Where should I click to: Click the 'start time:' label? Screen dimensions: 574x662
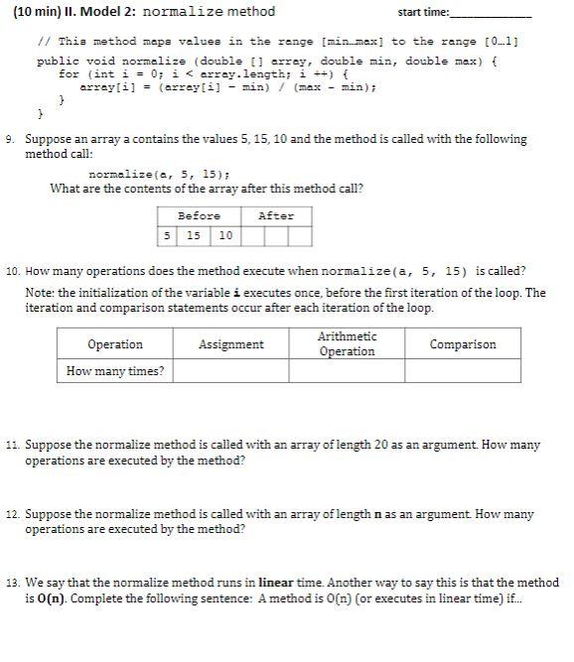coord(423,13)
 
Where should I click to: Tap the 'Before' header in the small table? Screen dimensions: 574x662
coord(199,215)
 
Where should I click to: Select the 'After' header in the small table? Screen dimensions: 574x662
coord(275,215)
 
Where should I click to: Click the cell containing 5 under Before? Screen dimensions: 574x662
coord(167,236)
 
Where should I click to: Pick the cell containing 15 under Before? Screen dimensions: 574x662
coord(194,236)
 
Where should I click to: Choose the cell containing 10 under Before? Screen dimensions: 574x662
coord(225,236)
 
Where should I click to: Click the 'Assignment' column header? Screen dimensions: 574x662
coord(231,344)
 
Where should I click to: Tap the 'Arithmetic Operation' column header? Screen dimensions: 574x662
coord(347,344)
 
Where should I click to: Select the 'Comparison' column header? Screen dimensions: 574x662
coord(462,344)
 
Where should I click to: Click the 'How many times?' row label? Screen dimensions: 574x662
coord(115,371)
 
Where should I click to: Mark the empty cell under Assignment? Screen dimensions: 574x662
coord(231,371)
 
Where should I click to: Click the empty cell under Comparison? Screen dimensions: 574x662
coord(462,371)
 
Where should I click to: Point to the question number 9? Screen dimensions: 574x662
coord(10,140)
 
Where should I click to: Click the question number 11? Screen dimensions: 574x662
coord(12,447)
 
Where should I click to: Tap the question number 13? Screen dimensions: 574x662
coord(12,584)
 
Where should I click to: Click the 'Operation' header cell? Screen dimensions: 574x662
coord(115,344)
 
